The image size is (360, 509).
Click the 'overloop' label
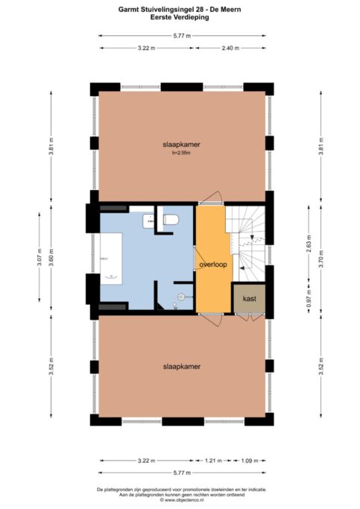213,263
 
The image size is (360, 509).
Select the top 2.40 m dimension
230,48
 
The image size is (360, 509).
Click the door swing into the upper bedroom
211,198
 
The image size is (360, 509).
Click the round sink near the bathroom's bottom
180,297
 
